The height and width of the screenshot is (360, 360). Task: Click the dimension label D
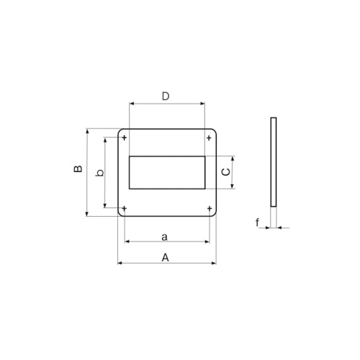point(165,96)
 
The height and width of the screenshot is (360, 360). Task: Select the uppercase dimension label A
point(165,256)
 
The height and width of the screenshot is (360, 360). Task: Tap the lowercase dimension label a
point(165,235)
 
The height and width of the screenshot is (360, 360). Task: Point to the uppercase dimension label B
point(78,170)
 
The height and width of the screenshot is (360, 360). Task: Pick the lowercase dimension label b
point(100,172)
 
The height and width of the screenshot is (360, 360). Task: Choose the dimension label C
point(225,172)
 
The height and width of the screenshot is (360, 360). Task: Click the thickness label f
point(258,222)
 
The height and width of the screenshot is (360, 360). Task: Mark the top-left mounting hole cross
point(125,137)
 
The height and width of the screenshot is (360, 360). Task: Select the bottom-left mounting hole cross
point(125,209)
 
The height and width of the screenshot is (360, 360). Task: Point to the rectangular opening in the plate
point(166,173)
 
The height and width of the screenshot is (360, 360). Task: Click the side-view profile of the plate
point(273,162)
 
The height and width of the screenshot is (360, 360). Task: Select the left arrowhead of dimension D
point(132,104)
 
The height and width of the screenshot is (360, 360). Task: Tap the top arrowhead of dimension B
point(87,132)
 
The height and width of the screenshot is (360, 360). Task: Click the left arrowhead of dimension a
point(127,241)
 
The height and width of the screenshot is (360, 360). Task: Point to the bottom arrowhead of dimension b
point(106,207)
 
